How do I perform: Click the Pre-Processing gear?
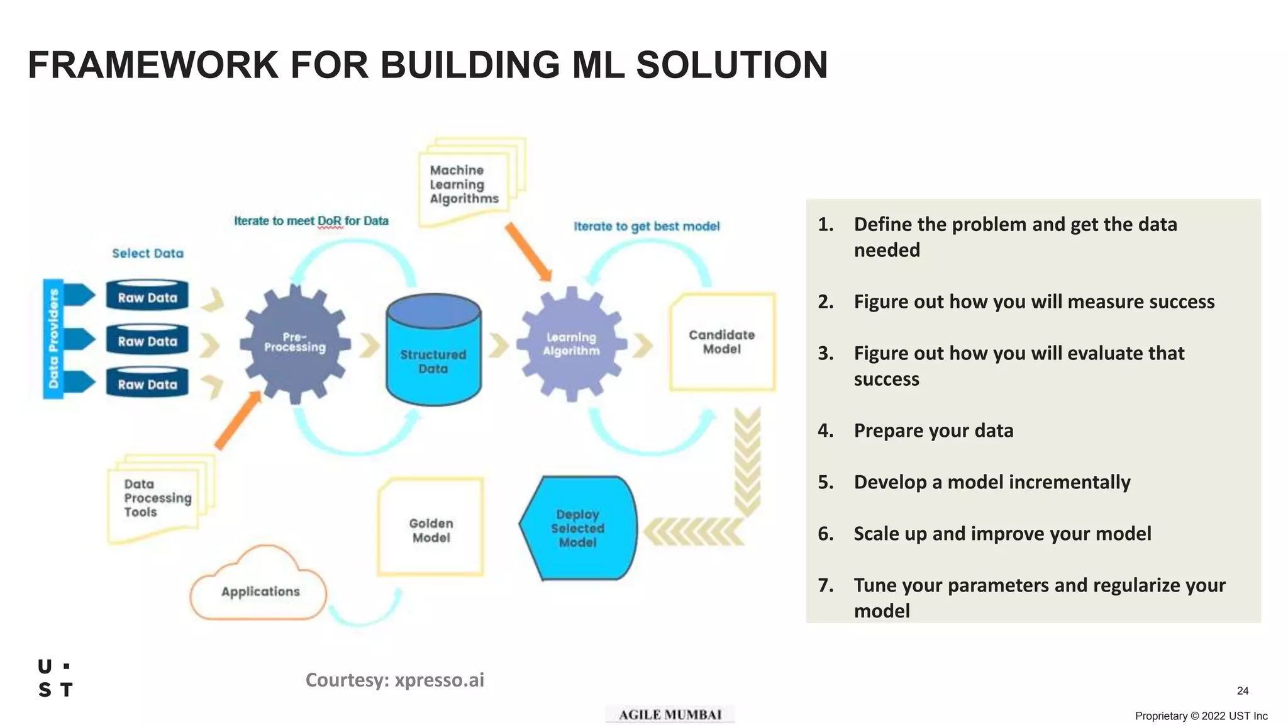pos(295,343)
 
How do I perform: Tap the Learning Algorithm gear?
pos(571,344)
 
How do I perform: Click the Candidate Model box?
pos(722,342)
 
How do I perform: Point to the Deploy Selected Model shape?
pos(578,528)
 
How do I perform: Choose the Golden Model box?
pos(431,529)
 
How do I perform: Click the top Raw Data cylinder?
pos(147,296)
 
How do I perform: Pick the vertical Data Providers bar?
pos(53,339)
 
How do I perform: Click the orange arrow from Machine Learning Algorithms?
pos(528,251)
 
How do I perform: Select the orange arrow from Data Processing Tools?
pos(238,419)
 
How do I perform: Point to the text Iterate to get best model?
pos(646,226)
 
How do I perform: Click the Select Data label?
pos(148,253)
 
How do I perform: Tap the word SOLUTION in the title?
pos(731,65)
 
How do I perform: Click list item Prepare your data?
pos(933,430)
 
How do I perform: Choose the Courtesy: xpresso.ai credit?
pos(394,680)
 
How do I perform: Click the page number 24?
pos(1242,690)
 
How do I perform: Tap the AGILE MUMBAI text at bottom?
pos(670,714)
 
